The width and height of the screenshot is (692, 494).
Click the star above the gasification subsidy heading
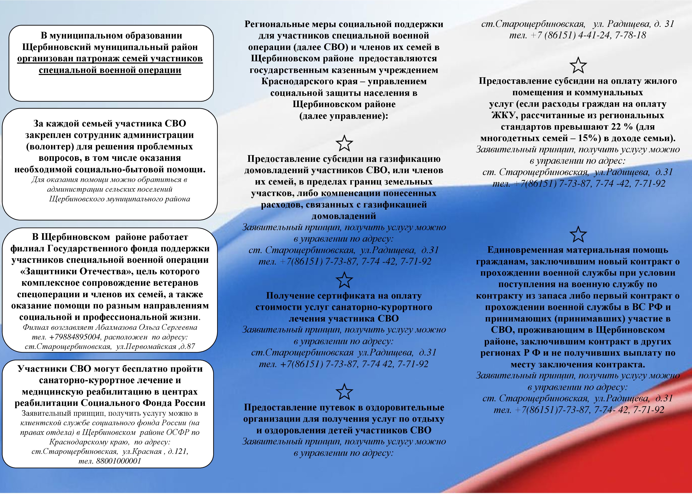(344, 143)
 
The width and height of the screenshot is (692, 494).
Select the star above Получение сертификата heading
(344, 280)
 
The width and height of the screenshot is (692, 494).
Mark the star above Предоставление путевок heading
(344, 392)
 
